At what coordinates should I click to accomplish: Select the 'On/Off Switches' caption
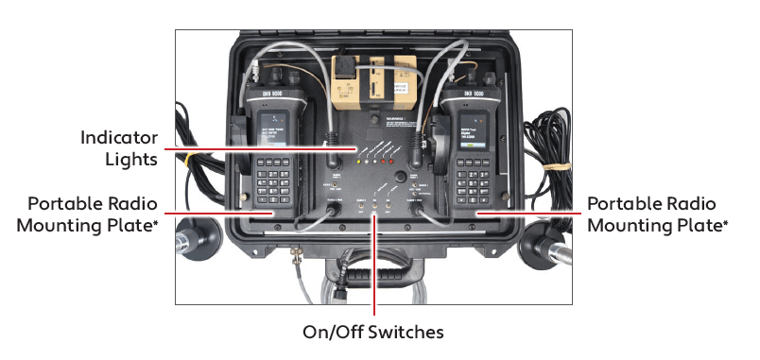(x=372, y=332)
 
